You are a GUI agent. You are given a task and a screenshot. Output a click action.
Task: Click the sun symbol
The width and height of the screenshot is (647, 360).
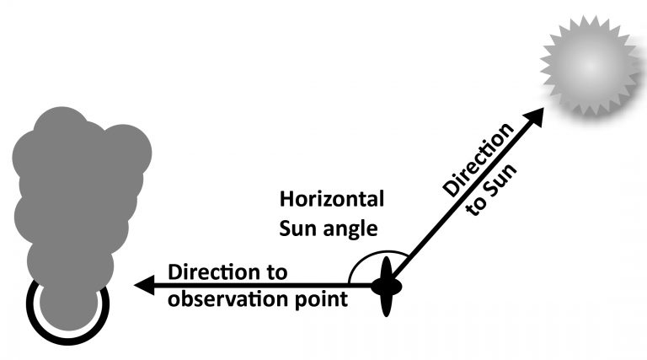(x=591, y=66)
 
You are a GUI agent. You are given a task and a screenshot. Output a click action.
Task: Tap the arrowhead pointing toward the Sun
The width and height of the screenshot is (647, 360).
(x=534, y=117)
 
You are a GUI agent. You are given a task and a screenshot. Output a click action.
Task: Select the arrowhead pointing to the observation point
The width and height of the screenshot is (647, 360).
(x=144, y=285)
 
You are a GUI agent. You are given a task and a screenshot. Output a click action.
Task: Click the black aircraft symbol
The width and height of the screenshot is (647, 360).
(x=386, y=287)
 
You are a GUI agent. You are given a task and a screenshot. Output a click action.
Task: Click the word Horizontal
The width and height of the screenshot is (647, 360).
(x=332, y=199)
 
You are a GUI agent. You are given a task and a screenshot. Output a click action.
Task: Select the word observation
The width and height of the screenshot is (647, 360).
(x=228, y=299)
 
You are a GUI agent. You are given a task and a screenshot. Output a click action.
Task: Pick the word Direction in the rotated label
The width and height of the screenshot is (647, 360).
(x=479, y=160)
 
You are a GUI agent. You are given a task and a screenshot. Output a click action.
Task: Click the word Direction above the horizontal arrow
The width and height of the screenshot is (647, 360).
(x=211, y=272)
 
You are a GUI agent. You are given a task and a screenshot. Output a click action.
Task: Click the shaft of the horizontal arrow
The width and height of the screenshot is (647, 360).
(x=263, y=285)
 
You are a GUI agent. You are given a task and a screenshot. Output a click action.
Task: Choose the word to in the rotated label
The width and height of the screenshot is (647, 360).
(x=474, y=207)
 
